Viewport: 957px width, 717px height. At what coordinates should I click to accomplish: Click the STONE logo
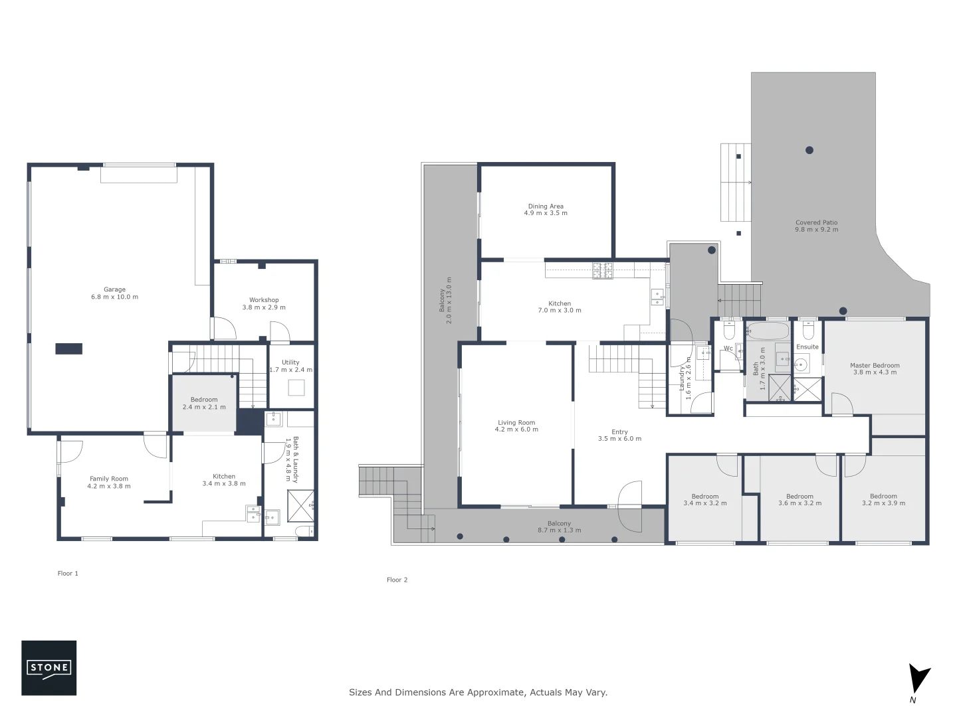point(49,667)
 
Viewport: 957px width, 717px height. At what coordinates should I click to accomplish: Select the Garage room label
point(114,289)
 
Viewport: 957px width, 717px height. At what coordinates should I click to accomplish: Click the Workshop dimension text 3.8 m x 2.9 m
point(264,307)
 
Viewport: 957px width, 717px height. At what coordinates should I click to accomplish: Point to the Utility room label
point(290,362)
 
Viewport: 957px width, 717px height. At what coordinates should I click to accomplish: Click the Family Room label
point(109,479)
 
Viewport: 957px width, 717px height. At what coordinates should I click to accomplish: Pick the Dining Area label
point(546,206)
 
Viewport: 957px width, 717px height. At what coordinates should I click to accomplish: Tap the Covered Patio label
point(816,223)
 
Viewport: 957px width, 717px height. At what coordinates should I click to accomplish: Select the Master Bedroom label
point(875,365)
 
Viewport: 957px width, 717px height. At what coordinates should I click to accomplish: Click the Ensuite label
point(807,347)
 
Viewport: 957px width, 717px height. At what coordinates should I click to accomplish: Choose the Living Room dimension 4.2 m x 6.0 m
point(516,430)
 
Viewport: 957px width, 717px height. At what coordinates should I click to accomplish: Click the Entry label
point(619,432)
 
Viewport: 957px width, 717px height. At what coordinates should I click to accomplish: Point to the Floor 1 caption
point(68,574)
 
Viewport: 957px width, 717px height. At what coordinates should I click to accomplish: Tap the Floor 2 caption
point(397,580)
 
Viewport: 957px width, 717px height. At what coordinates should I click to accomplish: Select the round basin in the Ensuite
point(801,364)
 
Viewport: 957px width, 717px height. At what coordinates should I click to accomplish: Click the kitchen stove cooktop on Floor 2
point(603,271)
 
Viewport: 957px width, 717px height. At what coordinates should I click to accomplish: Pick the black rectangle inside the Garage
point(68,349)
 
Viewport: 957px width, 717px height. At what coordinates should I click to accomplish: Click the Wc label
point(728,349)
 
